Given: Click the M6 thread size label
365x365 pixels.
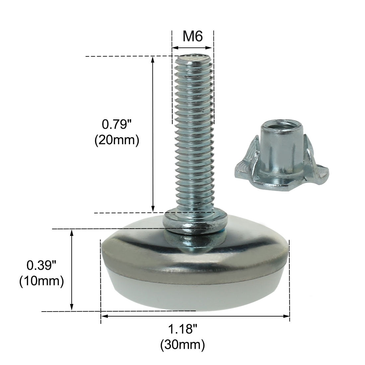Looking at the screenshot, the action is click(x=192, y=36).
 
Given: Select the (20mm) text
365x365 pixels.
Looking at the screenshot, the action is click(x=117, y=140).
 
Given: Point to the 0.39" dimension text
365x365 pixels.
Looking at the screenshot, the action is click(x=41, y=265).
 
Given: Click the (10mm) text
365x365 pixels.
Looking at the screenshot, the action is click(x=41, y=281).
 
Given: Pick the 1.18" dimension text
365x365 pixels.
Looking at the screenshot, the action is click(x=183, y=329).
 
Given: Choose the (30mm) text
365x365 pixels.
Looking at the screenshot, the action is click(x=183, y=345).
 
